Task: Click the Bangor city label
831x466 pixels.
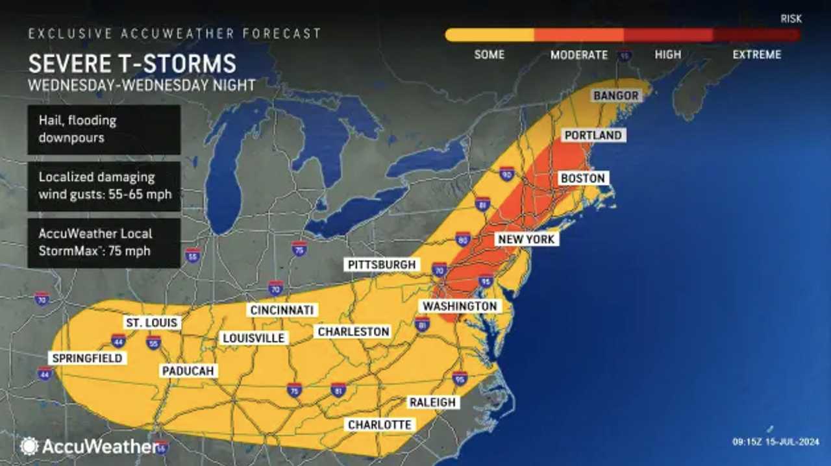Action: coord(615,96)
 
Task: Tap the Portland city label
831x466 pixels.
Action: coord(593,136)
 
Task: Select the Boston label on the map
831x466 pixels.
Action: coord(582,178)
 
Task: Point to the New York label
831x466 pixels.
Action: coord(526,239)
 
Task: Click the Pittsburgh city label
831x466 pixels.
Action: coord(381,265)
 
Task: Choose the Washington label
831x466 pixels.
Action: coord(460,306)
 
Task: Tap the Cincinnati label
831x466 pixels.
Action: coord(282,310)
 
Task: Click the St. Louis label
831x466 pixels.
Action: coord(151,323)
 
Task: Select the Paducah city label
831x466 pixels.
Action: coord(188,371)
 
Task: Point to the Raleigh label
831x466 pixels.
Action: coord(432,402)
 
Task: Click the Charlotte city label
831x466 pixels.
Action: coord(380,424)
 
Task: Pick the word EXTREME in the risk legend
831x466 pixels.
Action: coord(756,55)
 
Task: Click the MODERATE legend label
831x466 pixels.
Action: coord(579,55)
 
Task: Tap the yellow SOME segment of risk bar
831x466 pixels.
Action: coord(490,35)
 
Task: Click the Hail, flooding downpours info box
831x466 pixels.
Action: coord(104,130)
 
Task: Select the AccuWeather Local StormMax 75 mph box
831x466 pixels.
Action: coord(104,242)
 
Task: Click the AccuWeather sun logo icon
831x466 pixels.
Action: coord(29,446)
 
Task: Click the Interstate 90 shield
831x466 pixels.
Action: coord(507,173)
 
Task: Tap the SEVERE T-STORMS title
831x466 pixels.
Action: coord(132,64)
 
